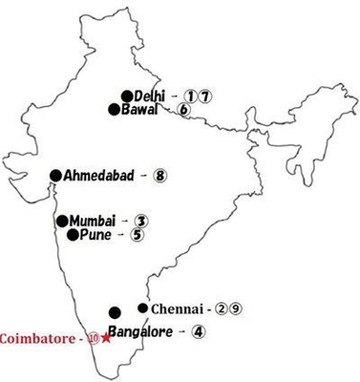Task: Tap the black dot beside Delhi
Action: (x=126, y=95)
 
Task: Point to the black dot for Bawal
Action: (x=115, y=109)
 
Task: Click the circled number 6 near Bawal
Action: (x=183, y=110)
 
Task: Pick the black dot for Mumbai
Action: (x=63, y=221)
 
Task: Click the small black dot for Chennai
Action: (x=143, y=308)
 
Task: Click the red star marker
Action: (x=107, y=339)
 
